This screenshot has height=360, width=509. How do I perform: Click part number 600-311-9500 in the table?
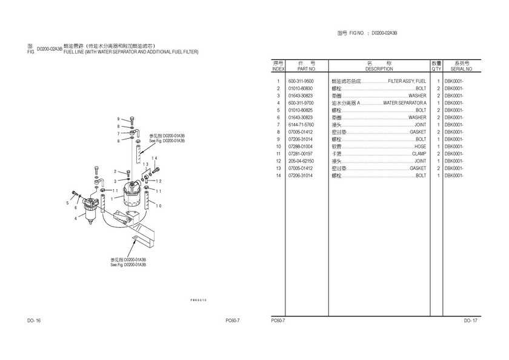coord(301,81)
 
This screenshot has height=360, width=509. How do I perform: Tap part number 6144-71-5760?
coord(301,125)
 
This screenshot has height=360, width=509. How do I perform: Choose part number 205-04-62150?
coord(301,161)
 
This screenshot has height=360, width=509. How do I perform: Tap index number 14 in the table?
coord(278,176)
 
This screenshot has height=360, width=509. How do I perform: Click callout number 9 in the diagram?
coord(118,119)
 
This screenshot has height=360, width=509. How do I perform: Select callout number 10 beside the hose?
coord(159,206)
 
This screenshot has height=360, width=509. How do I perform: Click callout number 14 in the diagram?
coord(155,158)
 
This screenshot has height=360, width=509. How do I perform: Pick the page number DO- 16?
coord(33,320)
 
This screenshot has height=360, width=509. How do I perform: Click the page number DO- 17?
coord(471,320)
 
